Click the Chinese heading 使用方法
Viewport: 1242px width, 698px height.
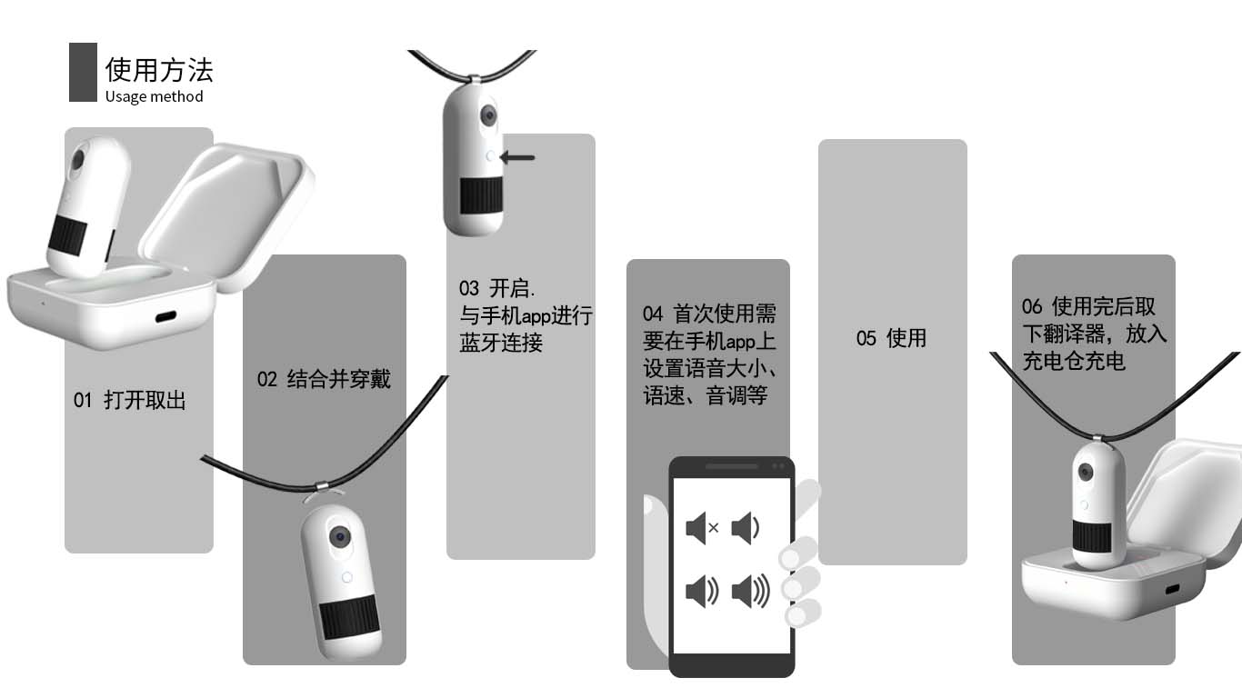(x=159, y=70)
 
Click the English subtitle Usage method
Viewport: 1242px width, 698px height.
(x=154, y=96)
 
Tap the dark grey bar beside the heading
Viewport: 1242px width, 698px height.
(x=83, y=72)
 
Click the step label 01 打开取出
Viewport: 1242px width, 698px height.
(x=130, y=400)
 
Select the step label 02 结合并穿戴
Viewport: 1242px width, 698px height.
(x=324, y=379)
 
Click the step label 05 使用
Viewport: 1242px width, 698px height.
(x=891, y=338)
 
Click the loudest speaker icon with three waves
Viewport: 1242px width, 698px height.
(x=750, y=592)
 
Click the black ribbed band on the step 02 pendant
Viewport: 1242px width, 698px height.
(x=353, y=617)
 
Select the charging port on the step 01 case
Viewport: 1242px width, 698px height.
(x=166, y=317)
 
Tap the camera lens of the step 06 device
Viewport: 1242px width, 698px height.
(x=1087, y=472)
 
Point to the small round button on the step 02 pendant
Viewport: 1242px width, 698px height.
(x=346, y=576)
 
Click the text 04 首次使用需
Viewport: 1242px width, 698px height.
(x=709, y=314)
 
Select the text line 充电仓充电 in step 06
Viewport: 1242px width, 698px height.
(x=1074, y=361)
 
